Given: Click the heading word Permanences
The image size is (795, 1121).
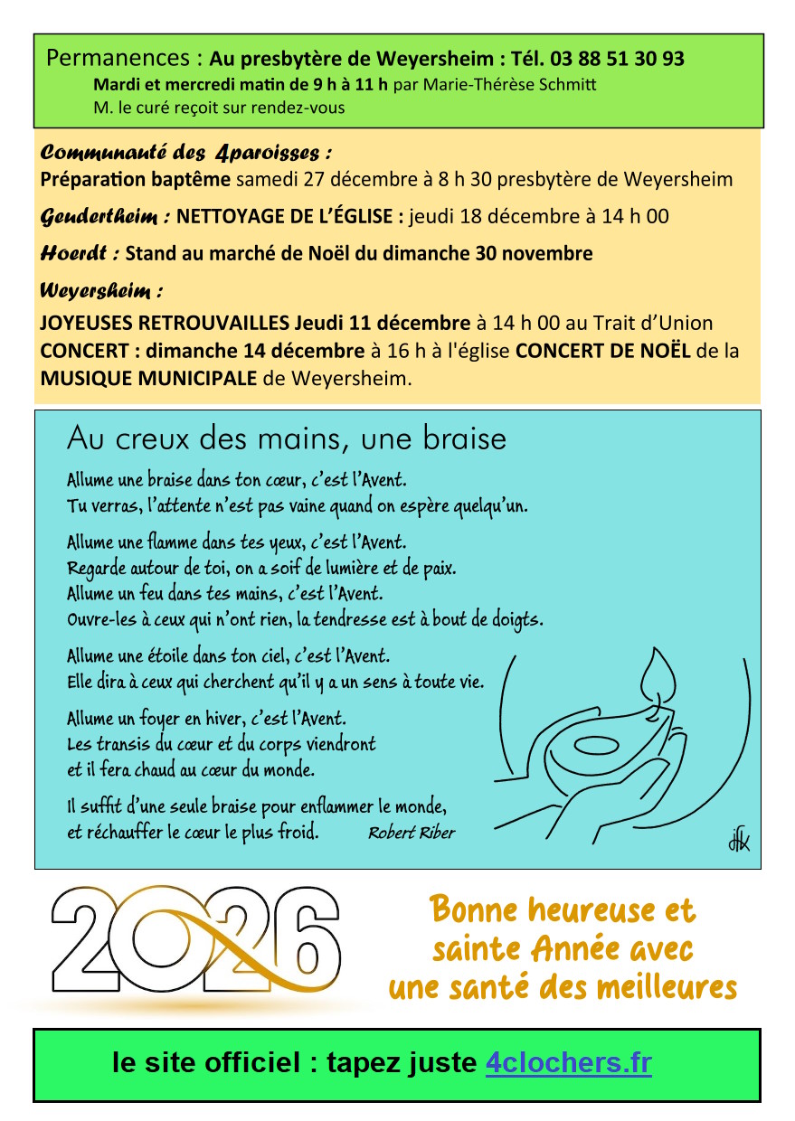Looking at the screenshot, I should tap(118, 59).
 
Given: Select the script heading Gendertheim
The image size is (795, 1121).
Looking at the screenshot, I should tap(105, 217).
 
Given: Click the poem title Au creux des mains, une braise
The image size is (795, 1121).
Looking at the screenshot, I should tap(286, 439).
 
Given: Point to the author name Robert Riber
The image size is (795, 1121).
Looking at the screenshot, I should tap(411, 833).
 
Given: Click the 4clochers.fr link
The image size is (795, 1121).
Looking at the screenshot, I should tap(568, 1063).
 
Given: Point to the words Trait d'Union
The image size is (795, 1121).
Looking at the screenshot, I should tap(654, 323).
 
